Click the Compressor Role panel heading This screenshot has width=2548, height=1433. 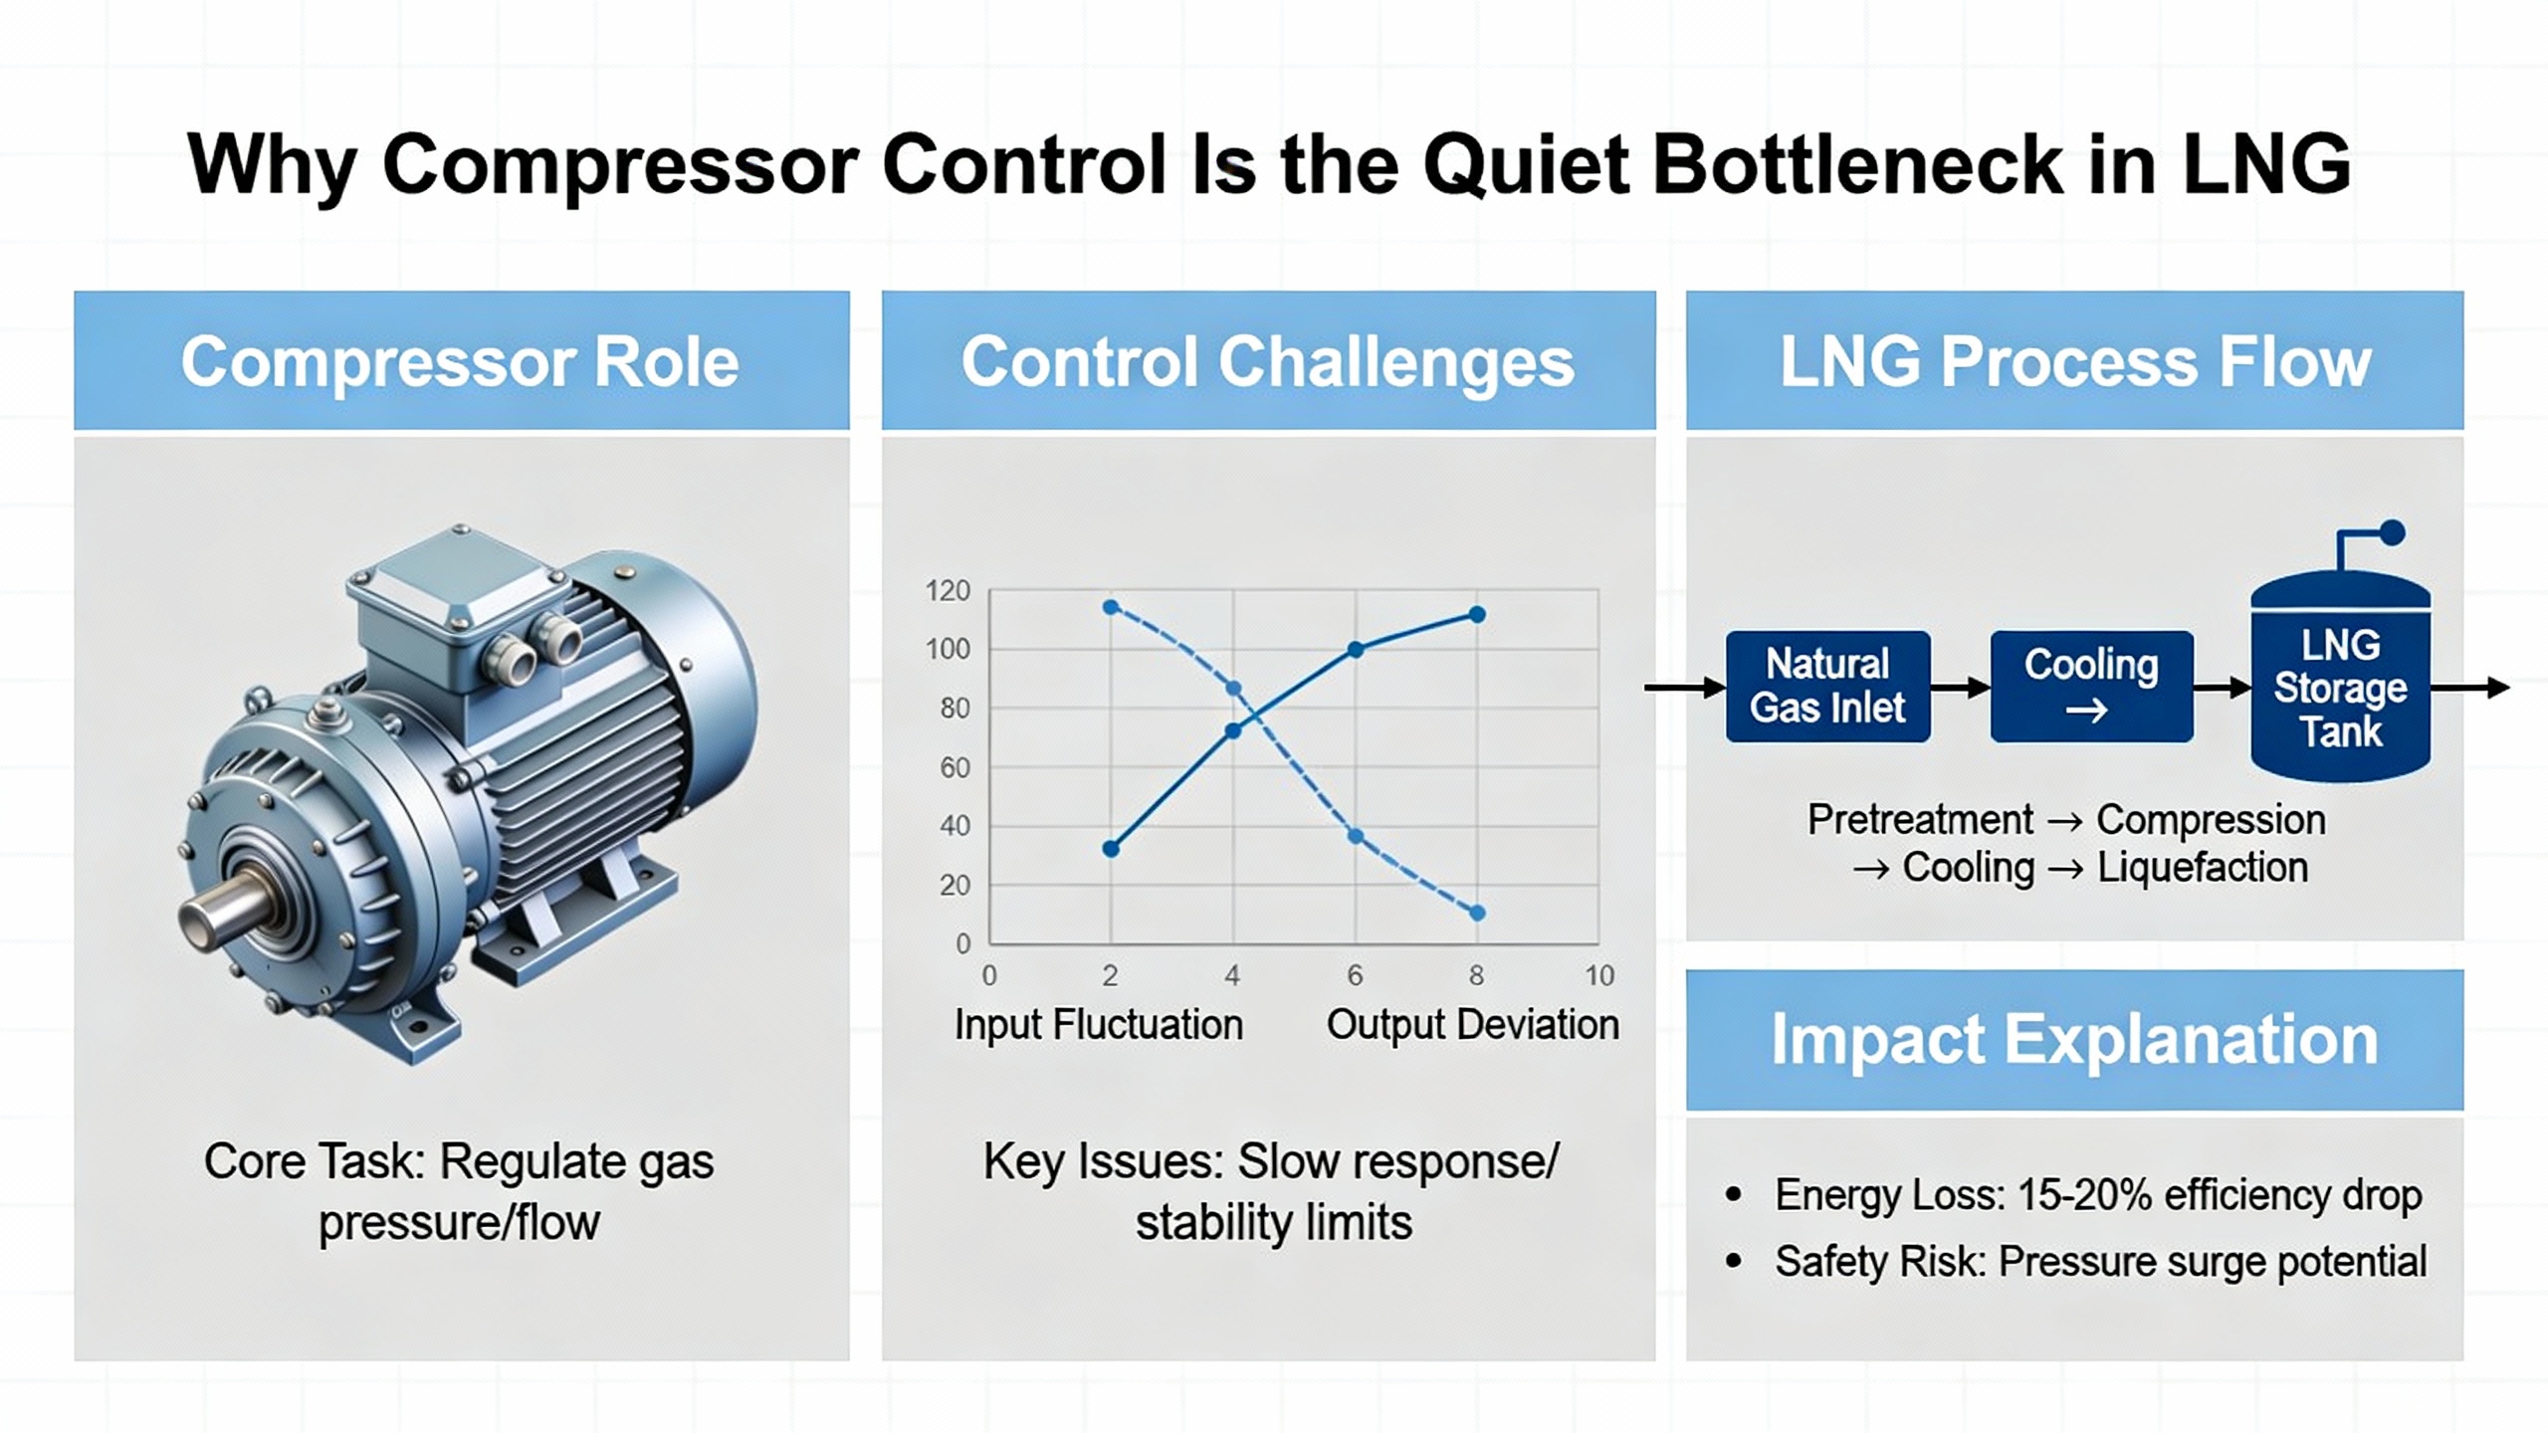460,361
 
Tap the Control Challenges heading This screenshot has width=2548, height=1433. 1267,361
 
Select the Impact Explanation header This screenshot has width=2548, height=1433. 2074,1040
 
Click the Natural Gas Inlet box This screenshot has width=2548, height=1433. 1827,687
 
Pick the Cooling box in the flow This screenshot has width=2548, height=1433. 2091,687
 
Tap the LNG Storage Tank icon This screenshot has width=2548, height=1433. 2340,677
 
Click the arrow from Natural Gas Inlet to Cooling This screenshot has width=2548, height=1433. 1962,687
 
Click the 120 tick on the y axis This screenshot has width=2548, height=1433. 947,591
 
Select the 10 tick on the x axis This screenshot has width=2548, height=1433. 1599,975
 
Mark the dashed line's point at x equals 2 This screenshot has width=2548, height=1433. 1112,607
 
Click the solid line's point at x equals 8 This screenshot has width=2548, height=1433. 1477,615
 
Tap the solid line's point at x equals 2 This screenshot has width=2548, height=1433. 1112,849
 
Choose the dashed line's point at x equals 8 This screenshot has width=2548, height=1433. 1477,913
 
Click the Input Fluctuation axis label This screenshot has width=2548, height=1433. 1099,1025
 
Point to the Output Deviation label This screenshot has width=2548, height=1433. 1472,1025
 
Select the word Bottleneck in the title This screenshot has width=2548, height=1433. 1856,164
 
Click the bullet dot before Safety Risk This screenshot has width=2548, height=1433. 1734,1261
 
